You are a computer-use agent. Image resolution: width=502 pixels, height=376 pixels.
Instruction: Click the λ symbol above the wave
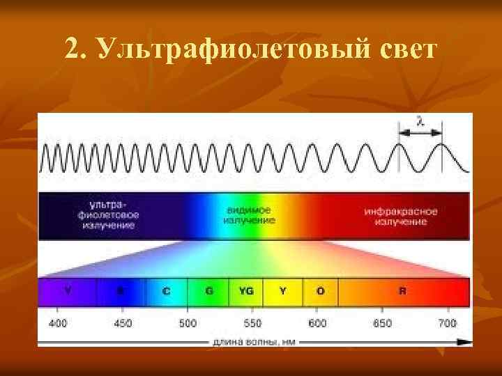420,121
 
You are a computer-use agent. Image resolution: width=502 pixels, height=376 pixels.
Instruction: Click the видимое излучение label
249,215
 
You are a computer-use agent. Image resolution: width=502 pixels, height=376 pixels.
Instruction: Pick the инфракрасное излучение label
400,216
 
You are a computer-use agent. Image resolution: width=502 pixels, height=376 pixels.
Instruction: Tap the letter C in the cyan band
166,291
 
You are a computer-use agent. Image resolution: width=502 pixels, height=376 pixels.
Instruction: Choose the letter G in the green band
209,291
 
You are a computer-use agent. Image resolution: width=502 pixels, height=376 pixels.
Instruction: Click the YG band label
245,291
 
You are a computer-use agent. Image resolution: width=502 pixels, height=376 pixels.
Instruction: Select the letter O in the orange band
320,291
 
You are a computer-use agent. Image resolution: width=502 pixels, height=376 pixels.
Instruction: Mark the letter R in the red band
402,291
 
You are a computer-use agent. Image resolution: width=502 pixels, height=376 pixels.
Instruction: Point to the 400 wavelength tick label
58,323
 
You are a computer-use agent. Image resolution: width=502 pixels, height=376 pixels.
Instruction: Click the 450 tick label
123,323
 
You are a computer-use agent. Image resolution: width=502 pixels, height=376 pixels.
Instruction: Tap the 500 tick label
188,323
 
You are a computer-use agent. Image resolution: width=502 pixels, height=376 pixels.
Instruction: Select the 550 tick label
252,323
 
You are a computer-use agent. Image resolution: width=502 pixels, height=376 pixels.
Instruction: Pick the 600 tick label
317,323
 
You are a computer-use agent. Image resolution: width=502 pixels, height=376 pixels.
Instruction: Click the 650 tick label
382,323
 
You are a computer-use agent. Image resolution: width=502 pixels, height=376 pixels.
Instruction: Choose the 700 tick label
447,323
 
